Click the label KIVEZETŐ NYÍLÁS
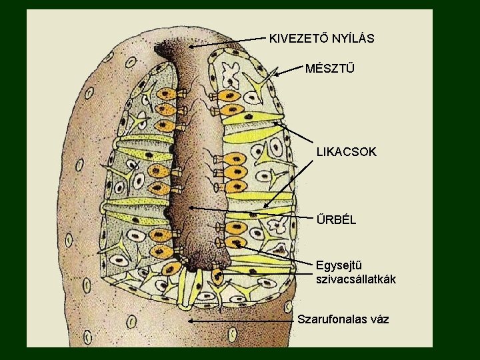[x=321, y=39]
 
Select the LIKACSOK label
[x=347, y=152]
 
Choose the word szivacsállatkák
[x=356, y=279]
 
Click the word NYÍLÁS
[x=350, y=39]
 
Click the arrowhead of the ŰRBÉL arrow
[x=191, y=209]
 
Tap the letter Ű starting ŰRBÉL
[x=321, y=218]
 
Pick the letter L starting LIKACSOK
[x=320, y=152]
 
